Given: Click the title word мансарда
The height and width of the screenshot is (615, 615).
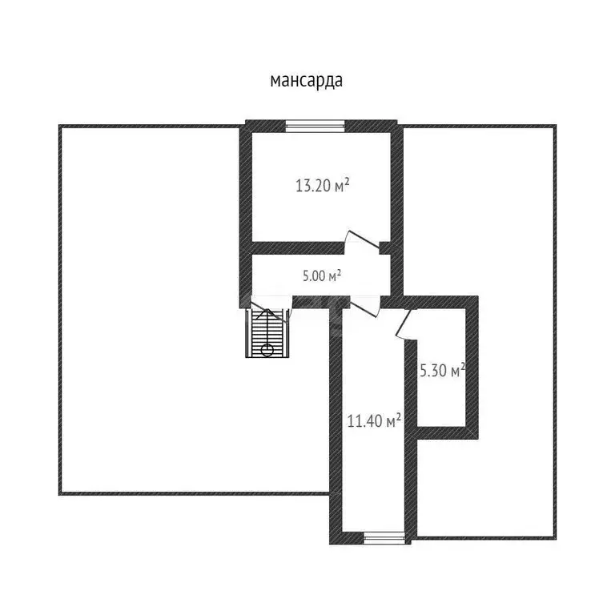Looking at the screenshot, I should [x=307, y=81].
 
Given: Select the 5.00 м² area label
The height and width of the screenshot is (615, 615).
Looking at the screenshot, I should [x=322, y=276].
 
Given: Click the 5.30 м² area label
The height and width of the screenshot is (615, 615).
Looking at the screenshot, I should [x=443, y=371].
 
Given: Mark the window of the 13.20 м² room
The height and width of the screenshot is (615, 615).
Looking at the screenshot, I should [x=316, y=125].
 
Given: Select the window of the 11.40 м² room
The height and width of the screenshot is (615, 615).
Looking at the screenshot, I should [x=384, y=538].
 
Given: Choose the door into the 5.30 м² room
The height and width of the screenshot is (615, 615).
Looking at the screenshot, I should [x=403, y=325].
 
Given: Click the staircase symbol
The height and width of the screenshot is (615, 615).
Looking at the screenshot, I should [x=267, y=333].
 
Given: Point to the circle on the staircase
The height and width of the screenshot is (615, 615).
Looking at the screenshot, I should [x=267, y=349].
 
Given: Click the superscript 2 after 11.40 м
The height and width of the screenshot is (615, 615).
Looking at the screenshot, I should [x=398, y=416].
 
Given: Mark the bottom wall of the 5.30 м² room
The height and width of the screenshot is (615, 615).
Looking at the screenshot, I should [x=445, y=432].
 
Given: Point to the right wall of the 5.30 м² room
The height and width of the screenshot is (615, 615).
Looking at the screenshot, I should [x=473, y=368].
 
